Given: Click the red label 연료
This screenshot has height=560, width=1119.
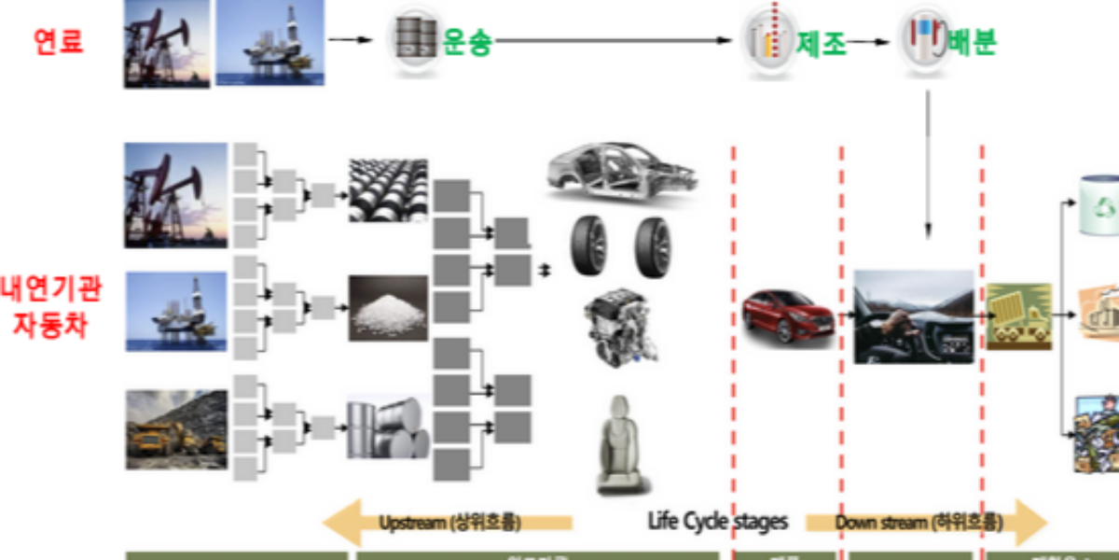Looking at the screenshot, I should [58, 41].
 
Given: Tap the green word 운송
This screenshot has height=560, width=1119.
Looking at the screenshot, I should [466, 41].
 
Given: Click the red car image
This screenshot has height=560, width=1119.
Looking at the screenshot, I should [789, 316].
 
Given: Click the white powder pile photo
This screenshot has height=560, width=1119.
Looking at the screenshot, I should [388, 307].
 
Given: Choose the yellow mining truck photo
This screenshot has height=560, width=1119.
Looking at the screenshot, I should [176, 429].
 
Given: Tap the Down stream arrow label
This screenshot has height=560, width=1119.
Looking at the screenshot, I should [919, 522].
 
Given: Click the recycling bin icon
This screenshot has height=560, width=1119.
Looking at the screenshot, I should [1098, 204].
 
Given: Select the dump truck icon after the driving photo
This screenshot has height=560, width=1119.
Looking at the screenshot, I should [1019, 316].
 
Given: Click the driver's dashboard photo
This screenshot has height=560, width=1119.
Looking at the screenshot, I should [913, 317].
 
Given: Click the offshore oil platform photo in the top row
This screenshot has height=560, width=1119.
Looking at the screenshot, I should [270, 44].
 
